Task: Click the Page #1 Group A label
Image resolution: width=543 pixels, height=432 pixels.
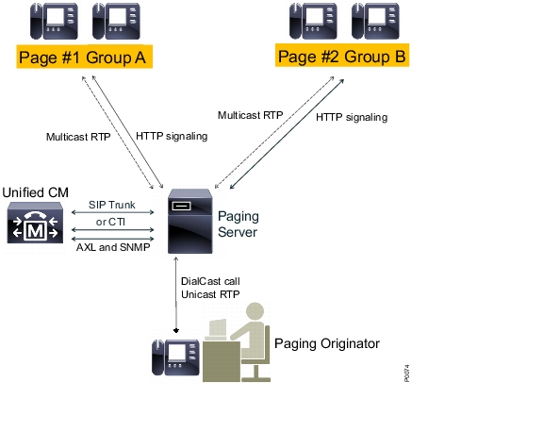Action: [85, 57]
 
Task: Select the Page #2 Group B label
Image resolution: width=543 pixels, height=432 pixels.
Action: [342, 56]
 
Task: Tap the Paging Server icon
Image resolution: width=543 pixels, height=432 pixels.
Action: [190, 222]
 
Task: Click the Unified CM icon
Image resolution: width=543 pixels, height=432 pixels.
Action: [35, 223]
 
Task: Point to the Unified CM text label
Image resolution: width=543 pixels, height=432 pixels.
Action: [35, 192]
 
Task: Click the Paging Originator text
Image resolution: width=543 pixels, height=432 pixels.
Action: [327, 343]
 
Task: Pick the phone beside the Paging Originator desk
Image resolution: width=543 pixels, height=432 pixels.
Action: [175, 357]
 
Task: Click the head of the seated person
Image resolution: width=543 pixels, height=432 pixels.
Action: [255, 311]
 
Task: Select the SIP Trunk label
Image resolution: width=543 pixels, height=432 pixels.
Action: [112, 205]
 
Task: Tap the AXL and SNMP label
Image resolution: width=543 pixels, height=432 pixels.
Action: [113, 247]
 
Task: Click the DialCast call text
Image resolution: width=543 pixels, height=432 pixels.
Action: [210, 281]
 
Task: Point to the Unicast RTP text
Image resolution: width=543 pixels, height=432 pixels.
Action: [210, 294]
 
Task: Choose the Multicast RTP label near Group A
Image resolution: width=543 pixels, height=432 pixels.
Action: [78, 137]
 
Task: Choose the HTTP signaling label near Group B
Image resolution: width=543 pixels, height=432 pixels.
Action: [352, 117]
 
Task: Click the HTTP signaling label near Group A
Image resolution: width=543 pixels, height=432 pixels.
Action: [172, 136]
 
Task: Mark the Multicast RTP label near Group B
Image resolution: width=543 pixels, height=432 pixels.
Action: [251, 115]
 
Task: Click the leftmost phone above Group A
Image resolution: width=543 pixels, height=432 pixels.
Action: [54, 21]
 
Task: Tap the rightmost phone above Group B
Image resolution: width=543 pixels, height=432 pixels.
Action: [375, 21]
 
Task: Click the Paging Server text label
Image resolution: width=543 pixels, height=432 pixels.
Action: [239, 224]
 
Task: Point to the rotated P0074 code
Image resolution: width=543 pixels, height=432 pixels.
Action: [407, 374]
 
